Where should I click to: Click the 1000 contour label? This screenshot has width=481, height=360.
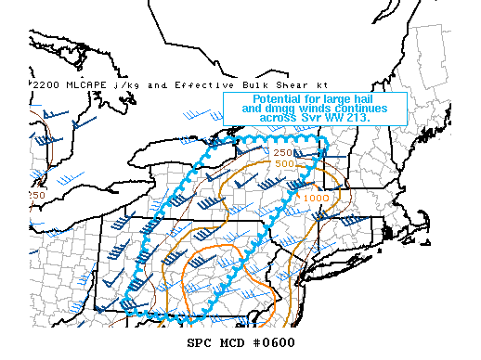[317, 197]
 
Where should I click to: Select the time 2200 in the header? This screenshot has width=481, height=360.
[45, 85]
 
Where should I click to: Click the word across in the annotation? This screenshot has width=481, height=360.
[286, 119]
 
